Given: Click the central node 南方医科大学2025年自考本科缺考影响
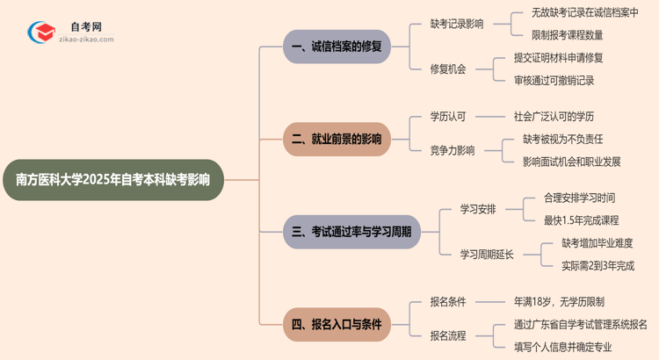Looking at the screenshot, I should [119, 180].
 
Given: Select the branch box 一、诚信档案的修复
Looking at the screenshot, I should [336, 47].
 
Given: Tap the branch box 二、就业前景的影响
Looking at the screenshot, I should [336, 139].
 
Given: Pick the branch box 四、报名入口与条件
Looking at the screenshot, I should [336, 324].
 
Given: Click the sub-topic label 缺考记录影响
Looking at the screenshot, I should [456, 25].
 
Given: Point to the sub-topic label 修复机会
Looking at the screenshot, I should [447, 68].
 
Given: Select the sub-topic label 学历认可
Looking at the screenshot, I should [447, 116].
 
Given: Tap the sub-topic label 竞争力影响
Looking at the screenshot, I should [452, 150].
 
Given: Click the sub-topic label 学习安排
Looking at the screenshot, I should [478, 209].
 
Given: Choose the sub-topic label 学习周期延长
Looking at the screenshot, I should [487, 255].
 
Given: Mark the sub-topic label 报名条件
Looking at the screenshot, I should [447, 301].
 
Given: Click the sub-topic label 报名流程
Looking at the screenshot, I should [447, 335].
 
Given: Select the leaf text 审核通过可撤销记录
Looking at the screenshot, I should [554, 81].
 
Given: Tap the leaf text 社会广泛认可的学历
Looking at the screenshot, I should [554, 116].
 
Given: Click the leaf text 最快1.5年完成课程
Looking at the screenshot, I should [581, 220].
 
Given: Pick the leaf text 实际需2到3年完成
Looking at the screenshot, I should [597, 266].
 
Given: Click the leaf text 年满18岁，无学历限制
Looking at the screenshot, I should [559, 301].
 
